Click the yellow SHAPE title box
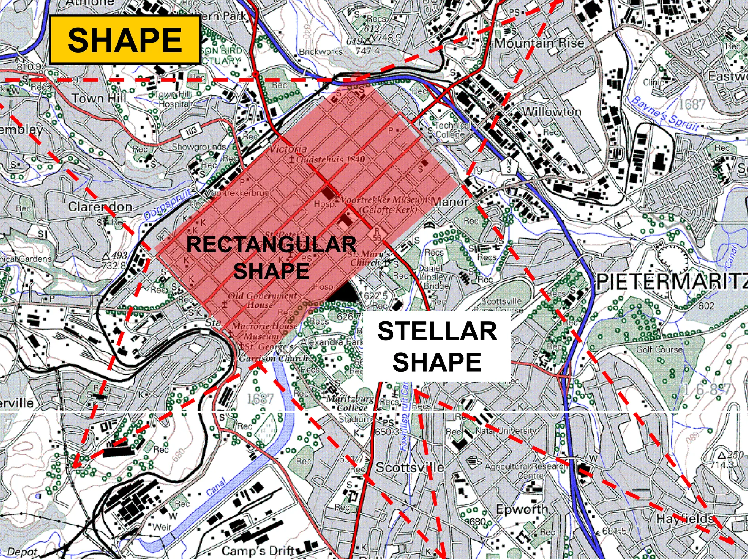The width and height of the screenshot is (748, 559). (x=125, y=40)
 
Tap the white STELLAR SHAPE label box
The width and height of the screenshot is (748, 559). (x=437, y=346)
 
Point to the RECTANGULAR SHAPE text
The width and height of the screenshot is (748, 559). (x=271, y=257)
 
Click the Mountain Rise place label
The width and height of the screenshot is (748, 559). (x=539, y=43)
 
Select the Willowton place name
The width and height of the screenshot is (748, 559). (x=552, y=112)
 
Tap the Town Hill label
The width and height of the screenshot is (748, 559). (x=99, y=98)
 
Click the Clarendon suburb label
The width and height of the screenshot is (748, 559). (x=100, y=207)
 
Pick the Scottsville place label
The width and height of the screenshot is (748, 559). (x=409, y=467)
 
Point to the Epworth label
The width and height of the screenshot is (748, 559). (x=522, y=509)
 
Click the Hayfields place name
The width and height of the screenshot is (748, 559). (x=684, y=518)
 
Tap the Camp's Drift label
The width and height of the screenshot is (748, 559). (x=257, y=550)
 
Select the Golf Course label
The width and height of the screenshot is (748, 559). (x=659, y=349)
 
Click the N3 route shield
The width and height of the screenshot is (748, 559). (x=508, y=166)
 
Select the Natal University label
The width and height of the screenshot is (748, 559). (x=506, y=431)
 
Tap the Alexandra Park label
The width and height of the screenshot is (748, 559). (x=332, y=342)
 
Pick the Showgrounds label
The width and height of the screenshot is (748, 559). (x=199, y=147)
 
